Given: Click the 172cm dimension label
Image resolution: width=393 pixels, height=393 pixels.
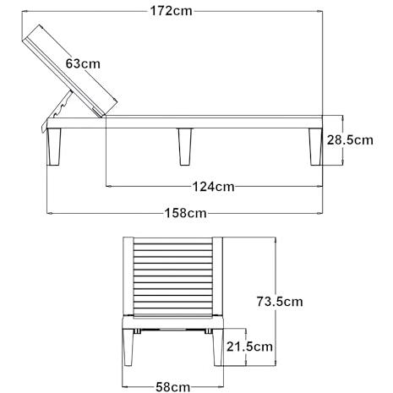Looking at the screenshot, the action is (171, 11).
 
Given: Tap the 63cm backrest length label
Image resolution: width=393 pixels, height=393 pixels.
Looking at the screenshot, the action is (83, 63).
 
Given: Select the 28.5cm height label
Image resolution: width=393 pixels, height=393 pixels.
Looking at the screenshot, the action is (350, 140).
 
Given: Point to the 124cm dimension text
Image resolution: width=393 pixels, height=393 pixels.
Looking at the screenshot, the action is (213, 187).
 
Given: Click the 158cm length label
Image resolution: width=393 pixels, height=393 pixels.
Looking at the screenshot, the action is (185, 213).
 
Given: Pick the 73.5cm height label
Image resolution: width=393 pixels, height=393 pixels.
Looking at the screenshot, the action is (280, 302).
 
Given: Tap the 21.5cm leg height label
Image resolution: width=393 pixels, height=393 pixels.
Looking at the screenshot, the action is (249, 347).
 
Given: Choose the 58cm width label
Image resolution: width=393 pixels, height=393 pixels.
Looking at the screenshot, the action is (172, 386).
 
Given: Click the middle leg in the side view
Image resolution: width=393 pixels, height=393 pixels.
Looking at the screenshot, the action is (185, 146).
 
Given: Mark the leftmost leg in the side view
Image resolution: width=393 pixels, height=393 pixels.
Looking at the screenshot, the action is (53, 146).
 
